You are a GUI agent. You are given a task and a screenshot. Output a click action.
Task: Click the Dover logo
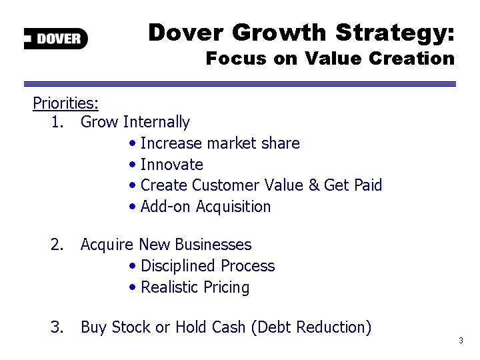56,39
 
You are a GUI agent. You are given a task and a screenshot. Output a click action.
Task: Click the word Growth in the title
279,32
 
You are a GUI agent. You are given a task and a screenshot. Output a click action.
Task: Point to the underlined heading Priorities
65,103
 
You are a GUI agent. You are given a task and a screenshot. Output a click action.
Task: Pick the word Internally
157,122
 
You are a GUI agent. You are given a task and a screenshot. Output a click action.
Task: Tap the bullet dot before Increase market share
132,143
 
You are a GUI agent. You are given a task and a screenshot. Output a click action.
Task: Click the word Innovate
172,165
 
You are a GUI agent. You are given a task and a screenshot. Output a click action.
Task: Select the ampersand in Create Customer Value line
314,185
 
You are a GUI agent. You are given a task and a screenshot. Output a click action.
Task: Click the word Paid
367,185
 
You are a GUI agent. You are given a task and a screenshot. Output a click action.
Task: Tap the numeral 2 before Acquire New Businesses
57,245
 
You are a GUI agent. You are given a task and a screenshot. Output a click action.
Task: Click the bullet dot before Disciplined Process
132,266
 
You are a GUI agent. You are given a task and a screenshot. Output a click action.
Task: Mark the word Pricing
227,288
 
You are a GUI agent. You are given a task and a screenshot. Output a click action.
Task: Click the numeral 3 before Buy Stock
57,327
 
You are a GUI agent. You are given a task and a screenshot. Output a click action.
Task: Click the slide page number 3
461,341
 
